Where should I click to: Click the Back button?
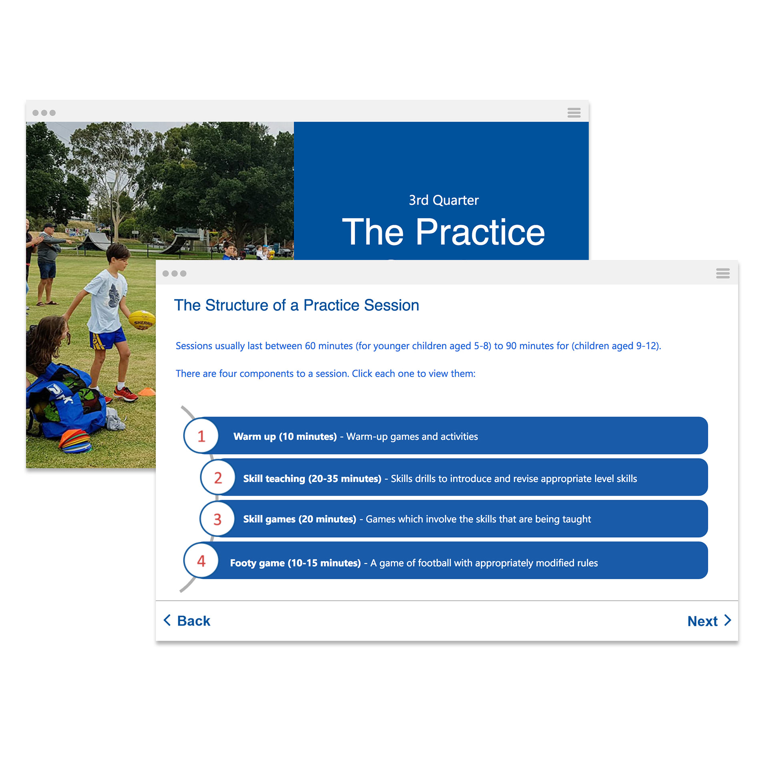click(x=187, y=620)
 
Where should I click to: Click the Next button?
click(x=709, y=621)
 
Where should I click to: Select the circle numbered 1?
click(x=201, y=436)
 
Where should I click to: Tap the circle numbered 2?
click(x=218, y=477)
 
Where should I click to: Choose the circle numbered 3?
click(x=217, y=519)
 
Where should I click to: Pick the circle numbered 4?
click(x=201, y=560)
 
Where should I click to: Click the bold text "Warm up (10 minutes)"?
click(x=285, y=437)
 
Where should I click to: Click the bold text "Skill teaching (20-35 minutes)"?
click(x=312, y=479)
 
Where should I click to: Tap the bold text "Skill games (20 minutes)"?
click(x=300, y=519)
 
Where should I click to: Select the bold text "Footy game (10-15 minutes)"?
click(x=296, y=563)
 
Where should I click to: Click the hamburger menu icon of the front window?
click(x=723, y=274)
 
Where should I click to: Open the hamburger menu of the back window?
click(x=574, y=113)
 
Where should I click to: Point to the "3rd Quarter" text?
click(x=444, y=200)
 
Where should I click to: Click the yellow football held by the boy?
click(x=142, y=320)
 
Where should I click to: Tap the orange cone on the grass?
click(x=147, y=391)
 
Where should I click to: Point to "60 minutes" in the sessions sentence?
click(x=329, y=346)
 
